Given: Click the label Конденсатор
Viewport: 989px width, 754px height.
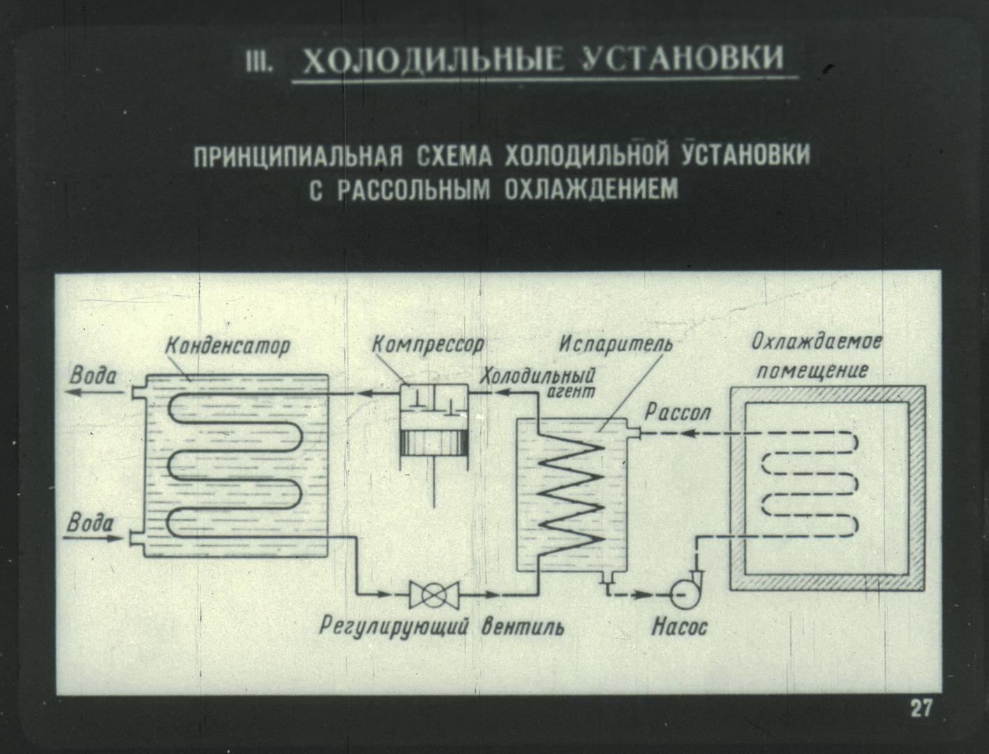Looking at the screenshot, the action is [228, 346].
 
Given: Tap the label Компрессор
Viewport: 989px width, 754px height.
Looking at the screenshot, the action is [428, 345].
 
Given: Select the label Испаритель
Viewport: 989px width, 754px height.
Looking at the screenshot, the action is [616, 345].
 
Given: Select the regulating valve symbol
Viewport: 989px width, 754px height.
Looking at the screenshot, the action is [434, 594].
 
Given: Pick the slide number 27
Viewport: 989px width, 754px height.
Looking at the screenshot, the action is [921, 709].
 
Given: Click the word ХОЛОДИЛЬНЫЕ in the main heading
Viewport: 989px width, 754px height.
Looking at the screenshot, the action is [433, 61].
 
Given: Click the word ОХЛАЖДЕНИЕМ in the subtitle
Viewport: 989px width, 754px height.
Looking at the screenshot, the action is [591, 190].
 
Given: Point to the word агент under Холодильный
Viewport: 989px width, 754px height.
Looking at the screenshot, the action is [571, 391].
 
